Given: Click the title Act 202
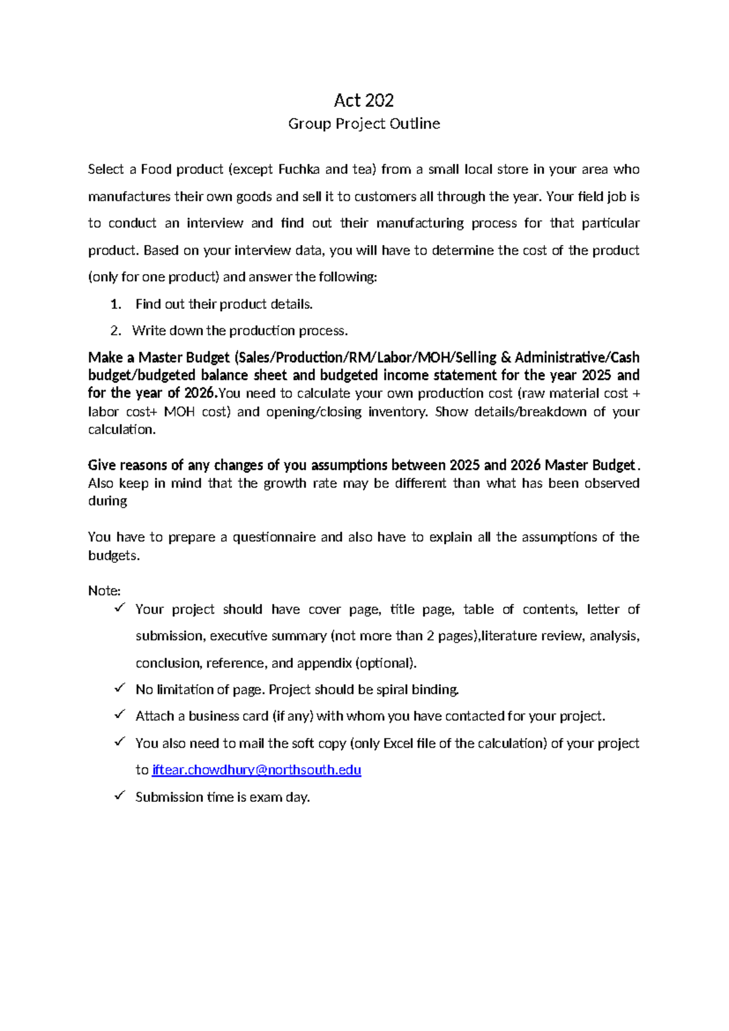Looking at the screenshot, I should pyautogui.click(x=364, y=100).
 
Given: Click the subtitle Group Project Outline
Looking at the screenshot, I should pyautogui.click(x=364, y=124).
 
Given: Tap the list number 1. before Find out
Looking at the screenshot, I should pyautogui.click(x=116, y=304).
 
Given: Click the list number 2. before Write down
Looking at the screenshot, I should pyautogui.click(x=116, y=331).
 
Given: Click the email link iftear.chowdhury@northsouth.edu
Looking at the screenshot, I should pyautogui.click(x=256, y=770).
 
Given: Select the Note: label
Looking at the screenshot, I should pyautogui.click(x=104, y=591).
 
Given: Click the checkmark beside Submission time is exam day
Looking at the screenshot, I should pyautogui.click(x=120, y=795).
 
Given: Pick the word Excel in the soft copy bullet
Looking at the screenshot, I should pyautogui.click(x=399, y=743).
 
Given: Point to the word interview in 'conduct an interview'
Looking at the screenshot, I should pyautogui.click(x=214, y=224).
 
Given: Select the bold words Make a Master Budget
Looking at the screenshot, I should pyautogui.click(x=159, y=357).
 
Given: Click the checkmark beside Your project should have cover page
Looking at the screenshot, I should pyautogui.click(x=120, y=607).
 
